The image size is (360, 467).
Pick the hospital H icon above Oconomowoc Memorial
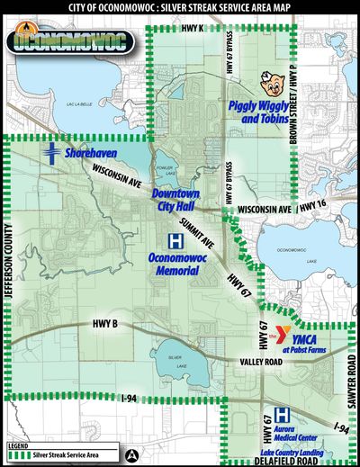[x=175, y=241]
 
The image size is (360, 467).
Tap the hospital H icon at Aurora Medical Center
[x=282, y=415]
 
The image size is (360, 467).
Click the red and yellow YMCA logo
[x=286, y=334]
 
